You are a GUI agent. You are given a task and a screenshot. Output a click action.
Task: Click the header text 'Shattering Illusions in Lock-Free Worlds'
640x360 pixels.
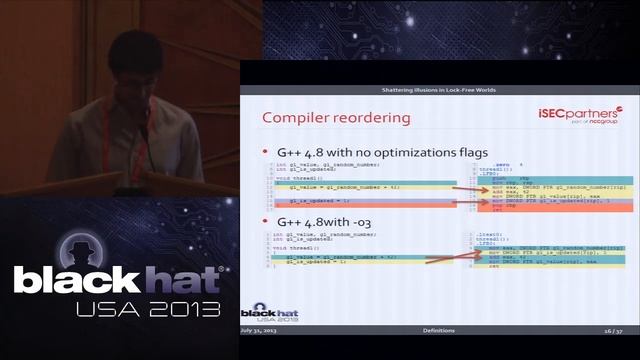[440, 90]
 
